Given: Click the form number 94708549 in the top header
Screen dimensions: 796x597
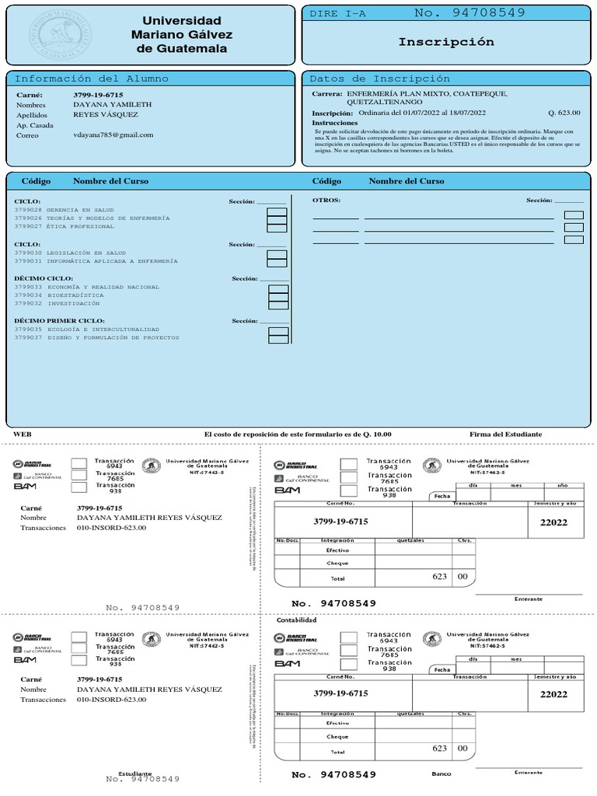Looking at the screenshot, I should (470, 12).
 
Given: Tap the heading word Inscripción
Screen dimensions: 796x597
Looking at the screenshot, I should (446, 42).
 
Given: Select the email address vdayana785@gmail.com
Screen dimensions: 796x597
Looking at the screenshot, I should (113, 134).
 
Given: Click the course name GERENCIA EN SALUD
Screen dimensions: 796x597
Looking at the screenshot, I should (80, 210).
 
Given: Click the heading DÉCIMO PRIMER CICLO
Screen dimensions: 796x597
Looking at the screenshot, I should (59, 320).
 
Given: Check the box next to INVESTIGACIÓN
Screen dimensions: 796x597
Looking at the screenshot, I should (278, 305).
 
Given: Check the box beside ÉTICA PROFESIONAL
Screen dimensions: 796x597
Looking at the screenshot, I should (277, 227).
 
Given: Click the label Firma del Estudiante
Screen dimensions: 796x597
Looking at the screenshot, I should (505, 434).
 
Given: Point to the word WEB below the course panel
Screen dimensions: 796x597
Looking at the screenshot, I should (23, 434).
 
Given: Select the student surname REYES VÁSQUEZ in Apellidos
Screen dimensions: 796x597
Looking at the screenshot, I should (106, 114).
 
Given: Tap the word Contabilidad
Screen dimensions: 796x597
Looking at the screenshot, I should (297, 620).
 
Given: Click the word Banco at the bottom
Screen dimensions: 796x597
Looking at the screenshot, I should (441, 773).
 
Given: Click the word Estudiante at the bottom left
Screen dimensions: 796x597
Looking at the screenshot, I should (135, 773).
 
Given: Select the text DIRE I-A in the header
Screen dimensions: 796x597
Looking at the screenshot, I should (338, 14).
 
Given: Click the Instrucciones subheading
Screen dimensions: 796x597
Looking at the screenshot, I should (335, 123).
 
